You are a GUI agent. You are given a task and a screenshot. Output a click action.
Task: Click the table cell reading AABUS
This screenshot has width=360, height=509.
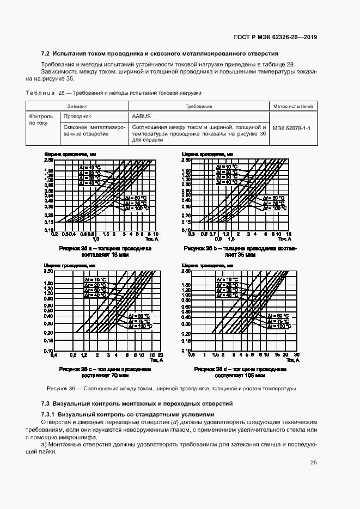coord(142,116)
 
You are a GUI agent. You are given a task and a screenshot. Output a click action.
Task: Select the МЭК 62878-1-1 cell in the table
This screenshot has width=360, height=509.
coord(292,128)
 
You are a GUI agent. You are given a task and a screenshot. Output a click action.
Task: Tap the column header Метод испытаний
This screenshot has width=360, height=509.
coord(292,106)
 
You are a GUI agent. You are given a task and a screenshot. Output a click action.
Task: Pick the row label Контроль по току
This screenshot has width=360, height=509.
coord(41,120)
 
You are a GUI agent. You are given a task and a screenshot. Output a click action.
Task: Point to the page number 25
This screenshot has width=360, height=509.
coord(313,463)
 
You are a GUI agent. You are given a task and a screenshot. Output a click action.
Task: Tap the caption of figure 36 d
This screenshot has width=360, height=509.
coord(241,372)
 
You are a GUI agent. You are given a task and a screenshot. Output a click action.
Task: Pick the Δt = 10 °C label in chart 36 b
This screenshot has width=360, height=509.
coord(226,166)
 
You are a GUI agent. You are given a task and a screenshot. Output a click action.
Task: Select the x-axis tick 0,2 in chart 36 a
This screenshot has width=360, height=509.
coord(54,234)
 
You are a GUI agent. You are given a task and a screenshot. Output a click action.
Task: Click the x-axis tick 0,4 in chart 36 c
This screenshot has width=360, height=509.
coord(54,355)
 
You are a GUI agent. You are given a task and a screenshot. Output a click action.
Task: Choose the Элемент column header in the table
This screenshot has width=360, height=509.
coord(77,106)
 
